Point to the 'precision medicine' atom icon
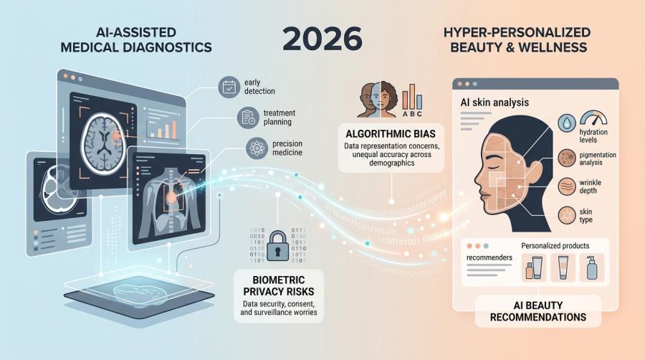pyautogui.click(x=256, y=148)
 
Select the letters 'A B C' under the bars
pyautogui.click(x=413, y=113)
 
